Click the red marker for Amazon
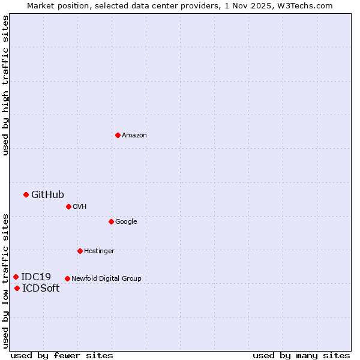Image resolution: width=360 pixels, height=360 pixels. coord(118,135)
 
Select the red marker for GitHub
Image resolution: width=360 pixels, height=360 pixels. coord(26,194)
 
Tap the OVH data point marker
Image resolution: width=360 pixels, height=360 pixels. coord(68,206)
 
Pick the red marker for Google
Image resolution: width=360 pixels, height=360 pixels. coord(111,221)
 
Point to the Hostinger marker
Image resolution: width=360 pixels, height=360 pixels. coord(80,251)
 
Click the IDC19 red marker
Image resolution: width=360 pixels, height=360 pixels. coord(16,277)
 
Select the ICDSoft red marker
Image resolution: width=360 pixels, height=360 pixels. coord(17,289)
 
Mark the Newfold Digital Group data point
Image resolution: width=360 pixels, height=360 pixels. coord(67,278)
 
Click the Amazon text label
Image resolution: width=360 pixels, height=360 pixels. coord(134,135)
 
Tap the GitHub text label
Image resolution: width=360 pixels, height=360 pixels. coord(47,194)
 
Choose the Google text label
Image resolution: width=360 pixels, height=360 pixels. coord(126,221)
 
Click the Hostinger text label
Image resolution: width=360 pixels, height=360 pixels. coord(99,251)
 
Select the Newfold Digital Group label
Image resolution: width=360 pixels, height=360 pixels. coord(106,278)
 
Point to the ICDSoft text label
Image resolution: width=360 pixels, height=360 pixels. coord(41,289)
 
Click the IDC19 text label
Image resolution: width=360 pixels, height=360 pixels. coord(36,277)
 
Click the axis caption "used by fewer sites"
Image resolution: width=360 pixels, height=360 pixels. coord(62,355)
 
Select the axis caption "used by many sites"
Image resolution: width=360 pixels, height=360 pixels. coord(301,355)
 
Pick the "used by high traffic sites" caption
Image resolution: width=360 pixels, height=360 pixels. coord(5,85)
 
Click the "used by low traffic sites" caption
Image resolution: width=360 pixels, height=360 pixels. coord(5,281)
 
